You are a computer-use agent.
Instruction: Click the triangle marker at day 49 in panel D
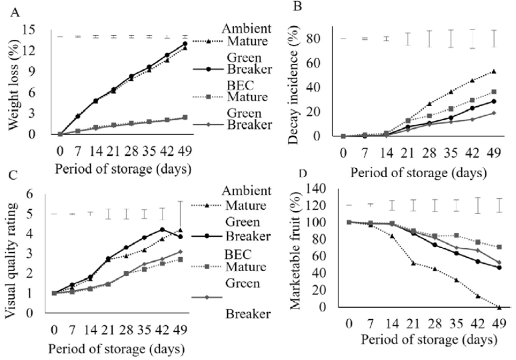pos(499,307)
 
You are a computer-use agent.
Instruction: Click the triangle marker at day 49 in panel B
pos(493,71)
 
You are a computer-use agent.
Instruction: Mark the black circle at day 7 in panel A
pos(77,116)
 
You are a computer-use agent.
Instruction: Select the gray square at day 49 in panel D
pos(499,247)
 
